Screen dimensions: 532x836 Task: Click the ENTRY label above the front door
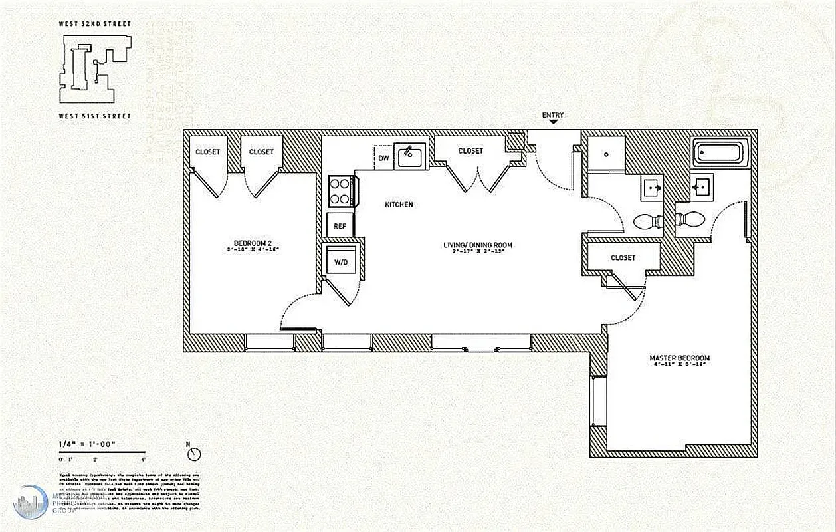tap(552, 115)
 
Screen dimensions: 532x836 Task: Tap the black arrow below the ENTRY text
tap(552, 123)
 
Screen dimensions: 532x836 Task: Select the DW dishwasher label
tap(383, 158)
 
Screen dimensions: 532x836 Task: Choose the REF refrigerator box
tap(340, 226)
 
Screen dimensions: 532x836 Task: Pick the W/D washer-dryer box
tap(340, 262)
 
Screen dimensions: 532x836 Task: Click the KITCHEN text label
tap(399, 205)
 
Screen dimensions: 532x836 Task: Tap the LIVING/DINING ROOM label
tap(478, 245)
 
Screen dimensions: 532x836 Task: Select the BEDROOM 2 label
tap(253, 243)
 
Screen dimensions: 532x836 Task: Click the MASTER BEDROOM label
tap(679, 358)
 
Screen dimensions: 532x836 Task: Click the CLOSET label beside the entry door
tap(470, 151)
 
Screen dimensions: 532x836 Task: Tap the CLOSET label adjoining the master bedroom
tap(623, 257)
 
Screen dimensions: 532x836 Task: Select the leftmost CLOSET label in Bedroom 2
tap(207, 152)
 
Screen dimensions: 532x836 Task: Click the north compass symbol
tap(194, 454)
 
